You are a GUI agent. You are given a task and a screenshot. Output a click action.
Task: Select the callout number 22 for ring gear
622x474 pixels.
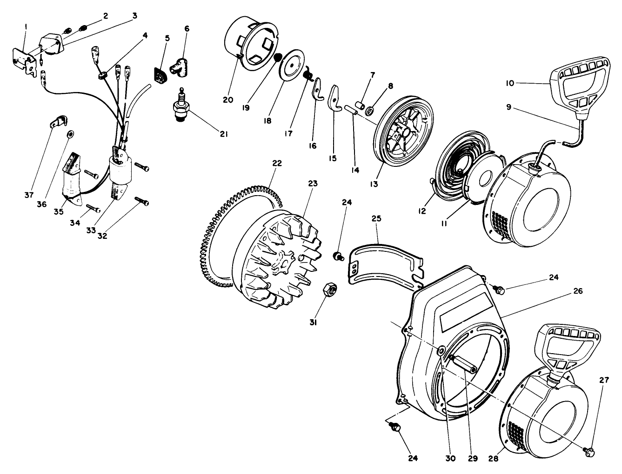click(x=277, y=163)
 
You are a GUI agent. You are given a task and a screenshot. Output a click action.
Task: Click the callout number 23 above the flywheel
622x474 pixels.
click(x=313, y=184)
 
